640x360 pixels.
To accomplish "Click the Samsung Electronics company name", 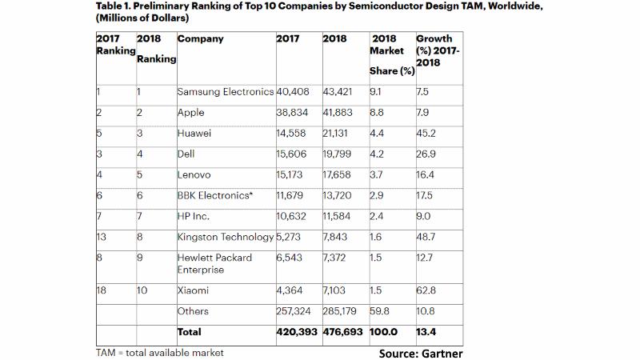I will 225,92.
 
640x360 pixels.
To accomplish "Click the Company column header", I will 200,39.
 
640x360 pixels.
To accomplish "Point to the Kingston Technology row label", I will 225,238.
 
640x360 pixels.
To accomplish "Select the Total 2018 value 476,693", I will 344,331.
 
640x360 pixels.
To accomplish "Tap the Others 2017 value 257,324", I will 294,311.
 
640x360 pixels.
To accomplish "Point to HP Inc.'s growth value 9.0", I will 424,214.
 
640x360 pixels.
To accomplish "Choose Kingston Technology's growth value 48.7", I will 426,238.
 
